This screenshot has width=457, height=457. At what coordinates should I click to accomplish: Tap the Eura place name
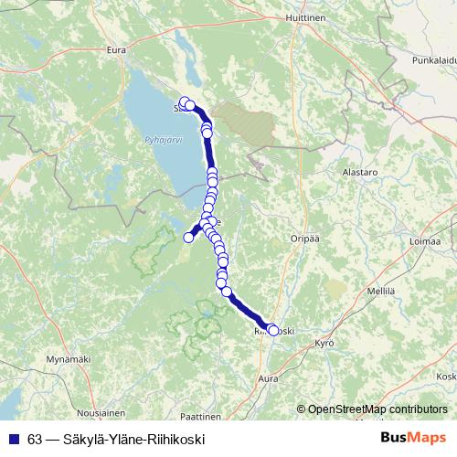pyautogui.click(x=116, y=50)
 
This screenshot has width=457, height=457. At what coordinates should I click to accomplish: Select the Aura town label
pyautogui.click(x=267, y=377)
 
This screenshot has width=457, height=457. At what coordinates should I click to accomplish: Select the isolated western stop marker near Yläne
pyautogui.click(x=189, y=238)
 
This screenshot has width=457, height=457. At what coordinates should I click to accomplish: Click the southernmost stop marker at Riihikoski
pyautogui.click(x=273, y=330)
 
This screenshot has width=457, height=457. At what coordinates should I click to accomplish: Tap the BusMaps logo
pyautogui.click(x=414, y=438)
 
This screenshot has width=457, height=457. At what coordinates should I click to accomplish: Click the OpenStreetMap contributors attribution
pyautogui.click(x=378, y=409)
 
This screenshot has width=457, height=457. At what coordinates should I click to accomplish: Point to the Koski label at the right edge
pyautogui.click(x=446, y=376)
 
